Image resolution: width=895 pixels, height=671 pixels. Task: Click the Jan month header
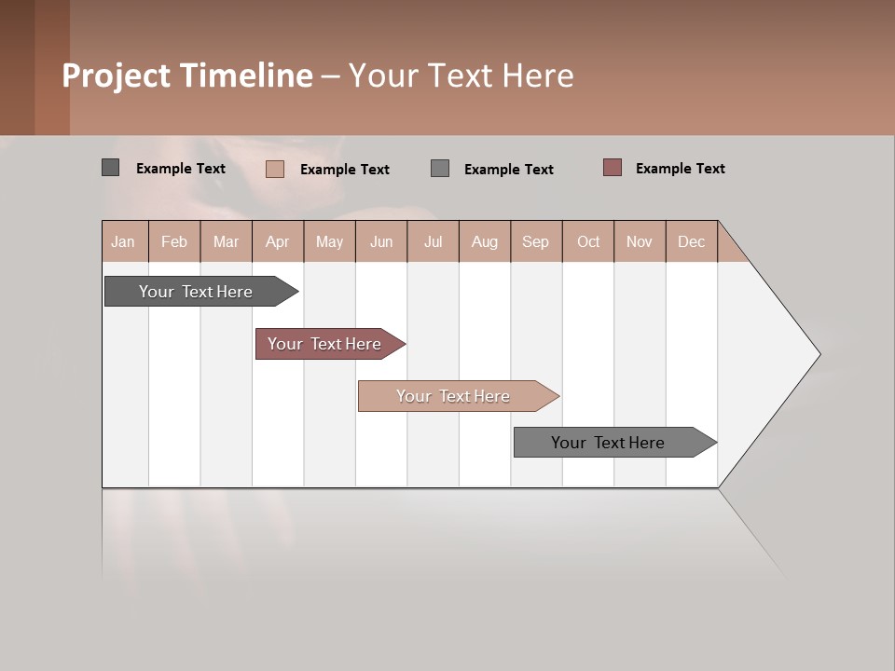[x=124, y=241]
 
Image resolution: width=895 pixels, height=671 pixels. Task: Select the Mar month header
[x=226, y=241]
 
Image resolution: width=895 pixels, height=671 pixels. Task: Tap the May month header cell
[x=329, y=241]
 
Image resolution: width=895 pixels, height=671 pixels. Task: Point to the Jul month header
[x=433, y=241]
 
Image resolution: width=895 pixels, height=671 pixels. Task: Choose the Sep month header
[x=535, y=241]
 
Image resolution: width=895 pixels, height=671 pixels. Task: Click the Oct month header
[x=588, y=241]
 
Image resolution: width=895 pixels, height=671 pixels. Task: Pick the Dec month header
[x=691, y=241]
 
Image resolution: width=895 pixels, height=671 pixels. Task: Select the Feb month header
[x=174, y=241]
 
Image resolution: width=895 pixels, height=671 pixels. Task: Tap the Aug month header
[x=484, y=241]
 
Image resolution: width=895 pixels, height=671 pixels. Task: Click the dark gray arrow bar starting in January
[x=196, y=292]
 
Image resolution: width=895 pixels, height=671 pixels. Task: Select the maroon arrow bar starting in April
[x=324, y=344]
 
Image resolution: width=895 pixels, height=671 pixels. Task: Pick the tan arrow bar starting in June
[x=453, y=396]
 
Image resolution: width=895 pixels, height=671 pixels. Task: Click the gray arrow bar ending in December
[x=608, y=443]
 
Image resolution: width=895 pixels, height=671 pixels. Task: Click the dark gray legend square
[x=110, y=168]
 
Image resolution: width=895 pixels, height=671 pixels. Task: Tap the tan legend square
[x=274, y=169]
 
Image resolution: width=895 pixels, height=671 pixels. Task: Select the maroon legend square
[x=612, y=168]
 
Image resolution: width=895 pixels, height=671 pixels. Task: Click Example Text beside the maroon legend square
[x=680, y=169]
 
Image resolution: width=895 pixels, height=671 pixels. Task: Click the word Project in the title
[x=117, y=75]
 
